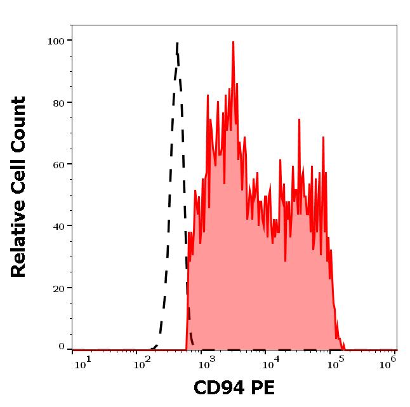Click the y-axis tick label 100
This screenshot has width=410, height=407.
click(56, 41)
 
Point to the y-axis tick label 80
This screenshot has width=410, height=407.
click(58, 103)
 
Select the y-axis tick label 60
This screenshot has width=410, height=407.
click(58, 164)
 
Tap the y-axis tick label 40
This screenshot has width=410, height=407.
click(58, 226)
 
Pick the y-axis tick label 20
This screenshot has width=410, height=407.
click(58, 288)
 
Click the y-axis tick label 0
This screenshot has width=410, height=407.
click(62, 347)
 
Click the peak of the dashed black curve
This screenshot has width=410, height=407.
click(177, 43)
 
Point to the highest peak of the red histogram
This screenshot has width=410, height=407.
click(233, 43)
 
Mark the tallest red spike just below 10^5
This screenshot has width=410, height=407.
click(323, 137)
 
